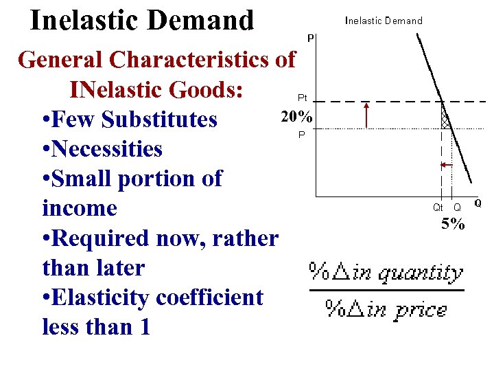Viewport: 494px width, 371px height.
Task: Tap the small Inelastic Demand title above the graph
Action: click(x=384, y=21)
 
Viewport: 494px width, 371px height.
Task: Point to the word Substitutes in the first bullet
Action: click(x=159, y=120)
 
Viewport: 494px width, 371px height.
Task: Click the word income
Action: click(x=80, y=208)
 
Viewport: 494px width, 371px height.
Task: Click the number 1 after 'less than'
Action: click(x=144, y=327)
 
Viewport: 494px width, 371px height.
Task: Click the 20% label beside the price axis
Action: click(x=296, y=117)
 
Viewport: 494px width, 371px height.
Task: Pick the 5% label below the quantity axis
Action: click(x=453, y=224)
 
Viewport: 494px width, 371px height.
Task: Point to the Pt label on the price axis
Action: click(x=302, y=98)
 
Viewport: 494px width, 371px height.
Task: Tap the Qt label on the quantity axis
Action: click(x=438, y=206)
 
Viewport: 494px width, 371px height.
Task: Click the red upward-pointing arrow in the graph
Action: click(x=367, y=115)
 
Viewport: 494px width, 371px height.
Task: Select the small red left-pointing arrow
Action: click(x=444, y=165)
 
